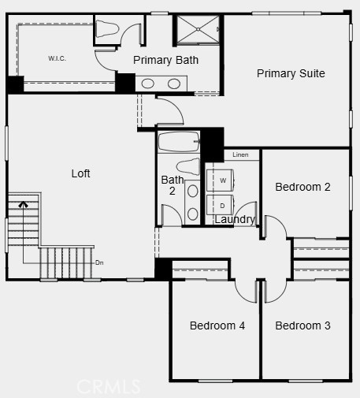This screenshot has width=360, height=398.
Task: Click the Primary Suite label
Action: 291,73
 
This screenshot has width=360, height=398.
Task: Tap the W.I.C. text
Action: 57,58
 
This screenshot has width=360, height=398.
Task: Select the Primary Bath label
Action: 165,60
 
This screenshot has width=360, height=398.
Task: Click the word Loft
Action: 81,173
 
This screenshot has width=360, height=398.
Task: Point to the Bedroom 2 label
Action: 302,187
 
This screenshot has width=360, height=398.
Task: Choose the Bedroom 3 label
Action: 302,325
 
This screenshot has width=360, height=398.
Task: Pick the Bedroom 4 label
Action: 217,325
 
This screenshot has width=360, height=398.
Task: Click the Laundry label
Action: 235,219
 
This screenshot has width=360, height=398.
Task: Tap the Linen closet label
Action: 240,155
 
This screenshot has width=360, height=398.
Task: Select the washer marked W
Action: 223,180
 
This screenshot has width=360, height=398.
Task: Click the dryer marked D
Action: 223,206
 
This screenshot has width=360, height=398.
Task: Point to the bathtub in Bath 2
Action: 179,143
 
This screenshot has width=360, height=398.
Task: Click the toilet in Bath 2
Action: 187,166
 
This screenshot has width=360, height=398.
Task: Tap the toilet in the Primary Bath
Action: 107,29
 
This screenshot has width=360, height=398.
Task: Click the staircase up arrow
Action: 23,206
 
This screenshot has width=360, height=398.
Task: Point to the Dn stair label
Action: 99,262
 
